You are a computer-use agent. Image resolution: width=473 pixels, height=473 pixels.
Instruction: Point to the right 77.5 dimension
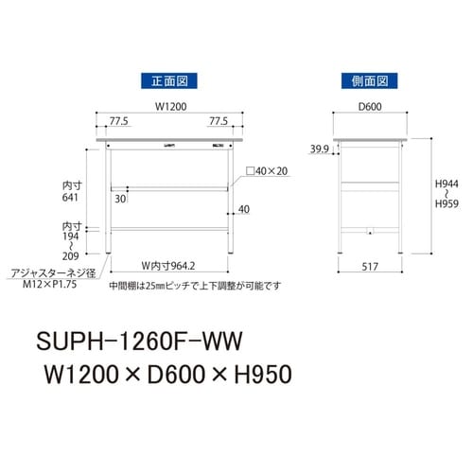(219, 122)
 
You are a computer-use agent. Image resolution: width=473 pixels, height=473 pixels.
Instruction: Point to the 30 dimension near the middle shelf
(120, 199)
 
